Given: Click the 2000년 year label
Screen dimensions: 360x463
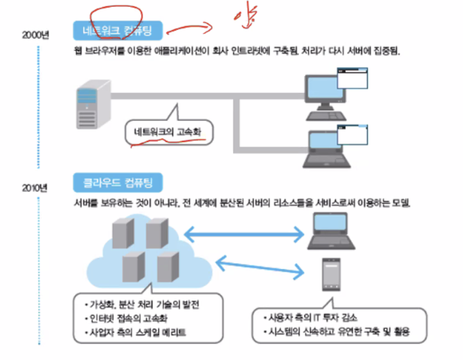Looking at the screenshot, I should (36, 35).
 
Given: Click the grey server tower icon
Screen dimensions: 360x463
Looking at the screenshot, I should (92, 106).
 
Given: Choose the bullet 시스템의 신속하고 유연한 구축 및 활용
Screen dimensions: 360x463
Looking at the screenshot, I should (341, 332).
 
